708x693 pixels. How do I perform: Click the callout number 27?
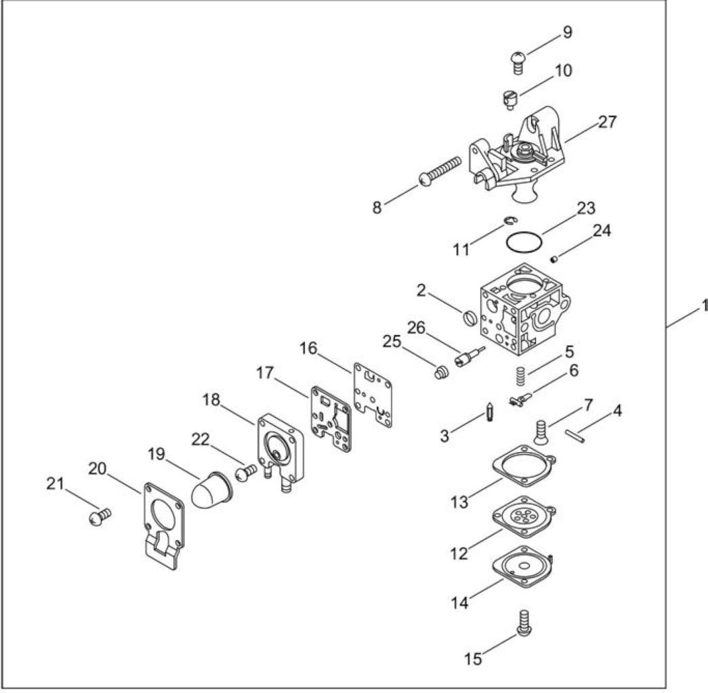(607, 122)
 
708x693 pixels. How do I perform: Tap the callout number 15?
(473, 658)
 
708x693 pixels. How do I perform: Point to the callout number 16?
(309, 349)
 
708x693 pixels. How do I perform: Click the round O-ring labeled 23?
(524, 243)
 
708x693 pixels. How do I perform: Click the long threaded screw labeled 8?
(440, 171)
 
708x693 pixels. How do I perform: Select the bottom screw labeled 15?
(524, 623)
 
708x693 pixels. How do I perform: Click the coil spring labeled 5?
(520, 376)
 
